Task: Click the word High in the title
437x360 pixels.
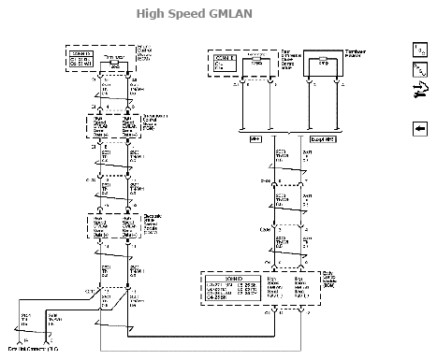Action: click(151, 13)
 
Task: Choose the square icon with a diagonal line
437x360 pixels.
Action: click(419, 70)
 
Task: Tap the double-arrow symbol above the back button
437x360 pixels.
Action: click(419, 89)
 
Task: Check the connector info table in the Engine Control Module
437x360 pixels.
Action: click(82, 58)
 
